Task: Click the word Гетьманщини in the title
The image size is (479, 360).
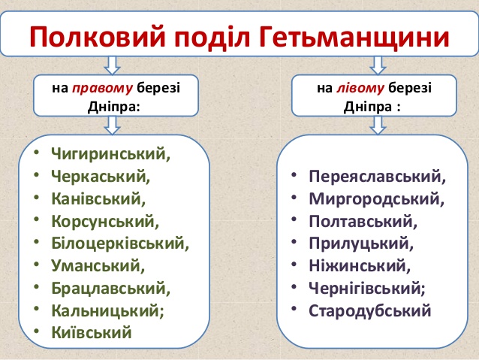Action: [x=354, y=36]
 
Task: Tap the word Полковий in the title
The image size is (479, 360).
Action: [x=98, y=36]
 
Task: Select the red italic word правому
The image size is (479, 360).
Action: [x=102, y=89]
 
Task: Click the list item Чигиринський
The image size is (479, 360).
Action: [x=111, y=154]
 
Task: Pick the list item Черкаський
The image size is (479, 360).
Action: [x=101, y=177]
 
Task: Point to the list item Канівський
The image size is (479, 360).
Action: [x=98, y=199]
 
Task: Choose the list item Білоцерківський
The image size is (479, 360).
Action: [x=120, y=244]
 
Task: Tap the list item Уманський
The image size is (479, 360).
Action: [x=98, y=266]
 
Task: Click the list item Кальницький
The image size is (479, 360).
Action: [x=107, y=311]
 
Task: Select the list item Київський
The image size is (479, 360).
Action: [x=92, y=332]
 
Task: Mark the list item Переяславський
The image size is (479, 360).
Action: [x=378, y=177]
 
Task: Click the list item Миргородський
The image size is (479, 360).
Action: [x=377, y=199]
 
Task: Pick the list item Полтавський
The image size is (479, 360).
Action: [x=363, y=222]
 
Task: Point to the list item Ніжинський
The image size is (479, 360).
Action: [x=360, y=266]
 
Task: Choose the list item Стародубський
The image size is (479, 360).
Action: [x=370, y=311]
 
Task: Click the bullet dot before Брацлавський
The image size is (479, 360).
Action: [x=37, y=287]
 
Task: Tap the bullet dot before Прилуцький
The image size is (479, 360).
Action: [x=294, y=242]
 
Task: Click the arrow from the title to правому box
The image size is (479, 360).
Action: [x=112, y=65]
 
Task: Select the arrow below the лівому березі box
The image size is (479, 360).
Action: [x=378, y=126]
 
